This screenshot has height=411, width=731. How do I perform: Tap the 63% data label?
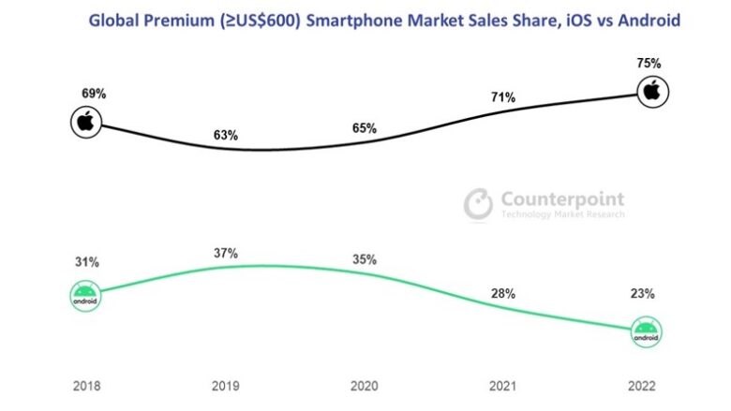tap(225, 135)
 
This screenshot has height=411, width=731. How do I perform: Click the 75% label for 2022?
tap(649, 64)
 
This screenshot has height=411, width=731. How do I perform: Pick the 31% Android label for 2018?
tap(86, 263)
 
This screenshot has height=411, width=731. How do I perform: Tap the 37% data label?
tap(225, 253)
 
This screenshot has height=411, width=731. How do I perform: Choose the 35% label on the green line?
tap(363, 258)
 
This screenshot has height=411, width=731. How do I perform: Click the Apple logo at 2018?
tap(86, 121)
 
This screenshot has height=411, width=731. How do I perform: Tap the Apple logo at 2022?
tap(653, 92)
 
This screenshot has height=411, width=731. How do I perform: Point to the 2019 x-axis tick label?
tap(225, 386)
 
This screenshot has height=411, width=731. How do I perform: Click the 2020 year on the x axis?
tap(363, 386)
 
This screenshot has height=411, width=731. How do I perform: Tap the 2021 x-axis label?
tap(503, 386)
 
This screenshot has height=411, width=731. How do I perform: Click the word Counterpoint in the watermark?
tap(562, 198)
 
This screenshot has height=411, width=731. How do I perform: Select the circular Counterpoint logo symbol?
tap(479, 204)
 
